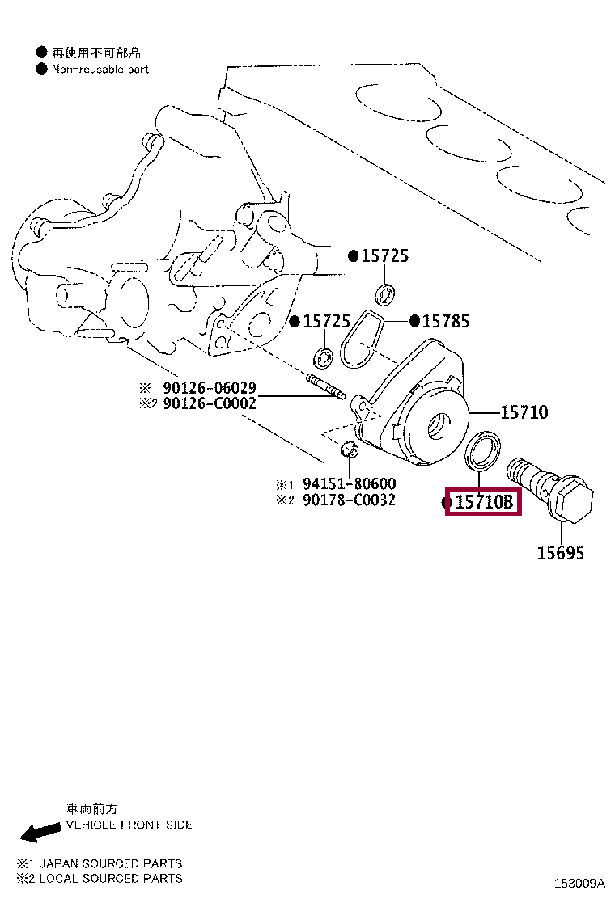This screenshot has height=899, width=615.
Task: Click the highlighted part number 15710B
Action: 484,502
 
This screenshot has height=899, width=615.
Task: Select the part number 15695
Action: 561,553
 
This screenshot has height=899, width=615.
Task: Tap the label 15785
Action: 446,321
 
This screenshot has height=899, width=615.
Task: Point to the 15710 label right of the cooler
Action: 524,412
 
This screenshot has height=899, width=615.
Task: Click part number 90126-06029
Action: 210,387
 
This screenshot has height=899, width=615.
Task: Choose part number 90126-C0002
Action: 210,403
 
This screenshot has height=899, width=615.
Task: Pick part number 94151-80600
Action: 349,484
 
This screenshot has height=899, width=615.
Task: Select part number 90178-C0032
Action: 349,500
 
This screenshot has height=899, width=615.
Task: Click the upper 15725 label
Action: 385,255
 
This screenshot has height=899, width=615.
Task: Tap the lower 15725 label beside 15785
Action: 326,321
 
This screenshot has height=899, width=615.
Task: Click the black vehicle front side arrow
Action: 40,831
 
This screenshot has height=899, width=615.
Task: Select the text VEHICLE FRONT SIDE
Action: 129,825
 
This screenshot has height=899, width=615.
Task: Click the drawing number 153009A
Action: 579,883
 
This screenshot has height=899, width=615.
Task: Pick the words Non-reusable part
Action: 100,70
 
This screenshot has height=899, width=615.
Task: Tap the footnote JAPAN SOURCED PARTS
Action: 111,863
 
